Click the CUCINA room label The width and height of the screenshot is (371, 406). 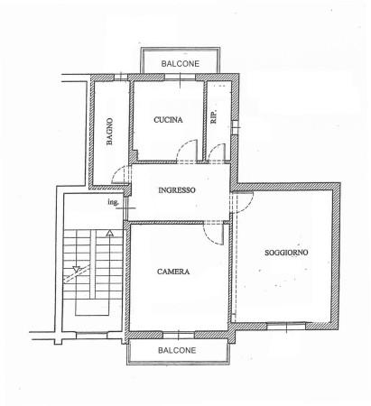tap(168, 120)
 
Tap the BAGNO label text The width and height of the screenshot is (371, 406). tap(110, 132)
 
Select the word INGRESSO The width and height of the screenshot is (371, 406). tap(177, 190)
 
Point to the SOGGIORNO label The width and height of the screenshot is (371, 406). tap(286, 253)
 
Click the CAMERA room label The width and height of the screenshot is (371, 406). tap(173, 272)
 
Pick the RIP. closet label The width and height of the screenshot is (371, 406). tap(214, 117)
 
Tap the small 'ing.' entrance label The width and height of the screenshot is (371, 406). tap(113, 202)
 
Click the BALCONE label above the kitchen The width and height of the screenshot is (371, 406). tap(181, 64)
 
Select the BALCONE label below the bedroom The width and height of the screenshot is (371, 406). tap(177, 350)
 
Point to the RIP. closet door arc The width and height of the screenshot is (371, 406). tap(213, 147)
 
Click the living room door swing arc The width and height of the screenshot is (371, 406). tap(249, 206)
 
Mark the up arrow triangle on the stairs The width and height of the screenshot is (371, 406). tap(110, 233)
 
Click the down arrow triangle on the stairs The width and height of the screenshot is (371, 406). tap(77, 269)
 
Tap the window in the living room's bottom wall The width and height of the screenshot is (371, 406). tap(286, 326)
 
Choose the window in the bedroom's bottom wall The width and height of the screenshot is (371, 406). tap(179, 335)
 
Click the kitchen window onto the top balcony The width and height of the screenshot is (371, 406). tap(180, 78)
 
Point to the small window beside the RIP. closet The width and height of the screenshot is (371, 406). tap(236, 127)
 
